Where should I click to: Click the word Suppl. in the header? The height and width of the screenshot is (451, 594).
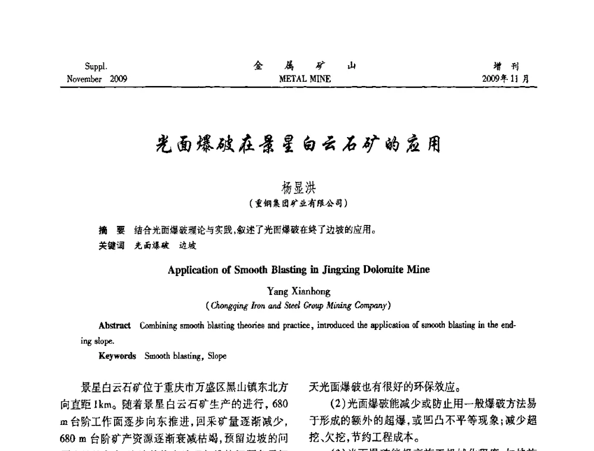pyautogui.click(x=96, y=67)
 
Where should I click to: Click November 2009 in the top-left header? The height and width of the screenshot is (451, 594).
pyautogui.click(x=97, y=78)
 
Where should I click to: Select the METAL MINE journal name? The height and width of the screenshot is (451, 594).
pyautogui.click(x=305, y=78)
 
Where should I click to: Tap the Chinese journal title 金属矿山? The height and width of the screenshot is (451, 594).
pyautogui.click(x=305, y=66)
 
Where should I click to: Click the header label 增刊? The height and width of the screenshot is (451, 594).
pyautogui.click(x=510, y=67)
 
